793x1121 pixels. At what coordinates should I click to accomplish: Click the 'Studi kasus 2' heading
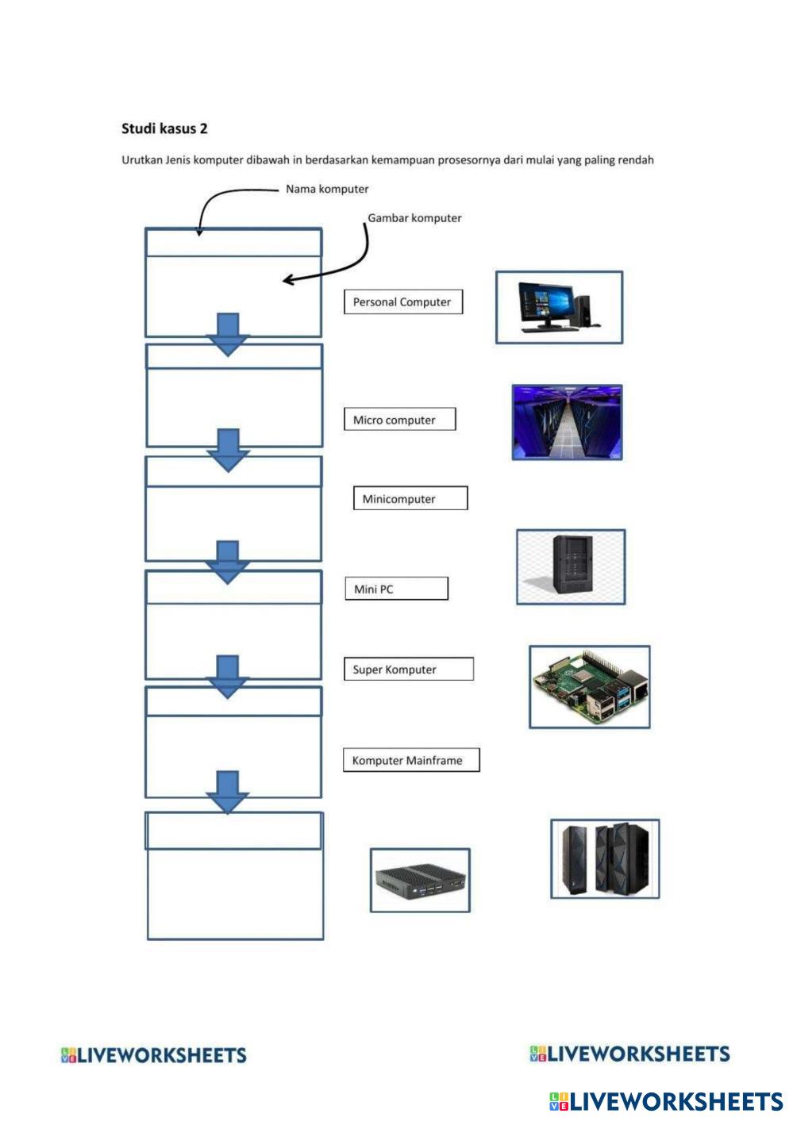click(x=164, y=129)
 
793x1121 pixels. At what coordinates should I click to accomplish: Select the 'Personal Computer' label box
click(x=402, y=302)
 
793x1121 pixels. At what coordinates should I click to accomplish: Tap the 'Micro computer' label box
click(x=399, y=420)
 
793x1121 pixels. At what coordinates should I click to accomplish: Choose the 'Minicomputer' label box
click(x=410, y=499)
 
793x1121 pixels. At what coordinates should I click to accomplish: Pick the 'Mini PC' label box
click(x=396, y=589)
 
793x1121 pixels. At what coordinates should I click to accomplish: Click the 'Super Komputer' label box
click(x=408, y=670)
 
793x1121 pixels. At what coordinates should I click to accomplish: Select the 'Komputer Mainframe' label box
click(x=410, y=760)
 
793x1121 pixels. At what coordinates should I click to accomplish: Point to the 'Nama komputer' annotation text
click(x=327, y=189)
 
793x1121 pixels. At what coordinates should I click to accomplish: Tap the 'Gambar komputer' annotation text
click(x=414, y=218)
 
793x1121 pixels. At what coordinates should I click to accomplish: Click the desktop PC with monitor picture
click(x=559, y=308)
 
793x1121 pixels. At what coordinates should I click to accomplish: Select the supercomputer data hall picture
click(x=567, y=423)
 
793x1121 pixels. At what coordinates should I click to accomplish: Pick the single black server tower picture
click(x=571, y=566)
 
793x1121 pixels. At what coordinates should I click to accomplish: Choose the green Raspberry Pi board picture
click(x=589, y=686)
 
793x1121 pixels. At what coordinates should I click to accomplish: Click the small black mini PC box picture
click(x=420, y=881)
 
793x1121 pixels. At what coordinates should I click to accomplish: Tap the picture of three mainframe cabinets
click(x=605, y=859)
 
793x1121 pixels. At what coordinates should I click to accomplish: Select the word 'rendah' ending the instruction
click(x=636, y=160)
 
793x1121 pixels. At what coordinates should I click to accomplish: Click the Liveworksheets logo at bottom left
click(x=154, y=1055)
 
